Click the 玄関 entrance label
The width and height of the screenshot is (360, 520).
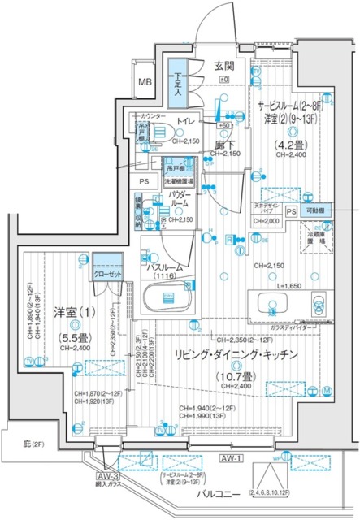(x=223, y=66)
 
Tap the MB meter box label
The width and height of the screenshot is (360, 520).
(x=144, y=82)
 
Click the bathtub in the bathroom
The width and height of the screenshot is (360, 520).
(x=169, y=302)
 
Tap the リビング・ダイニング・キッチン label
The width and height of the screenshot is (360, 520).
(x=233, y=355)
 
